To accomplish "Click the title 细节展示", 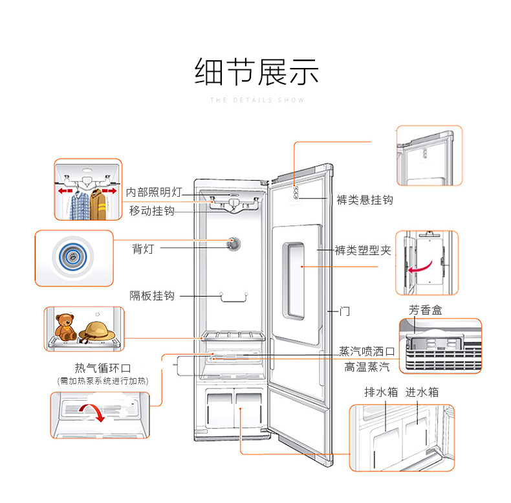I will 257,72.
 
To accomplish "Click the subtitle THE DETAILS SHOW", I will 257,100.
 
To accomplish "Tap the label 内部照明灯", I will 154,193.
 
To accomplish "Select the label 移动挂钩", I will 151,211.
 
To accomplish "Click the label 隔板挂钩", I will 151,296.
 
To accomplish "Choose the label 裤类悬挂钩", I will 364,199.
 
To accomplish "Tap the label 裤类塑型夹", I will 363,250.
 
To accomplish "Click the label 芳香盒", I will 426,311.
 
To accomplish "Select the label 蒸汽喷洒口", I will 367,352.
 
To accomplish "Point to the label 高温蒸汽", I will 367,367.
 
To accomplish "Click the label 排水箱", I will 379,392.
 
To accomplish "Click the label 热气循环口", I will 103,368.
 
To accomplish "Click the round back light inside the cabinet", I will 234,243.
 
